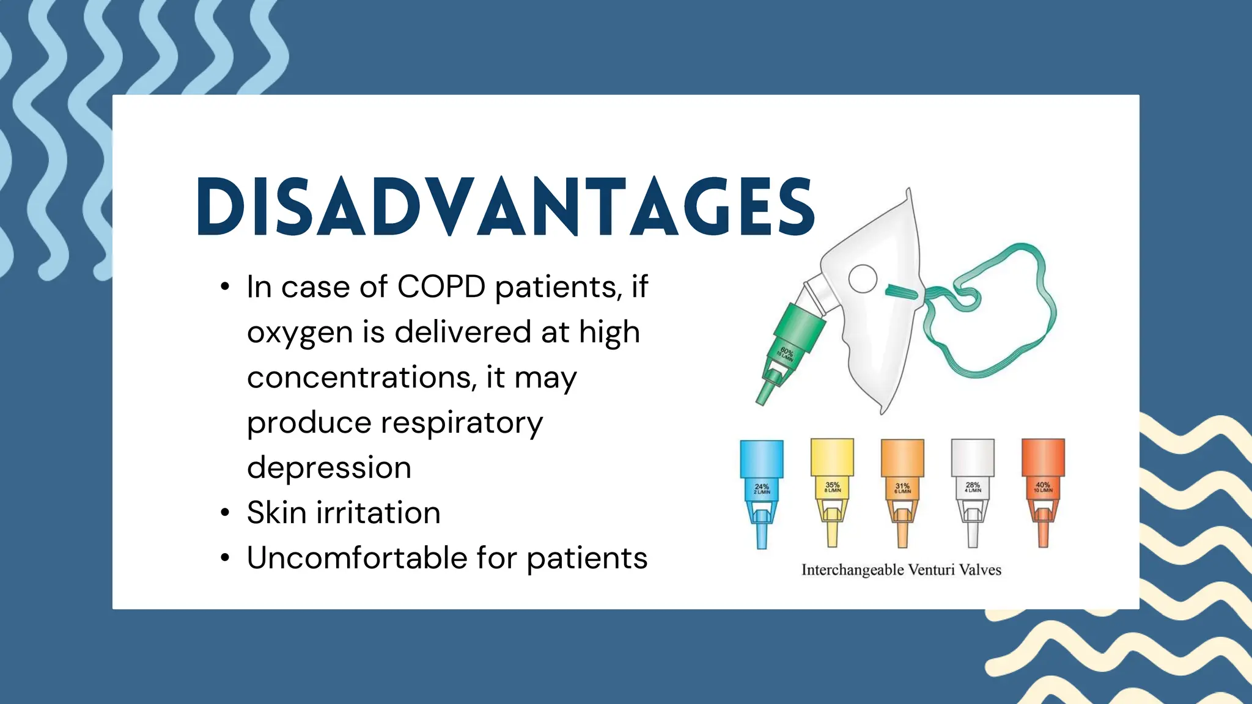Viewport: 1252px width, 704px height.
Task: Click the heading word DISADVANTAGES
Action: (505, 207)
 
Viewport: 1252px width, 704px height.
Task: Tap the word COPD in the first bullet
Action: (441, 287)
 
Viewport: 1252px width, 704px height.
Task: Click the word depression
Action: (329, 468)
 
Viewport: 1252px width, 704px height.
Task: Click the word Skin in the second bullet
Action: (276, 512)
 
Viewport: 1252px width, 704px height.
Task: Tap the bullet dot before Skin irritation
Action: (225, 513)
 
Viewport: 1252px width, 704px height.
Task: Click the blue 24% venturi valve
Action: (761, 489)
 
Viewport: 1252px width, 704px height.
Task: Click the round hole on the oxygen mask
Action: (863, 279)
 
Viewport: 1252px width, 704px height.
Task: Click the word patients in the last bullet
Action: (586, 557)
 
